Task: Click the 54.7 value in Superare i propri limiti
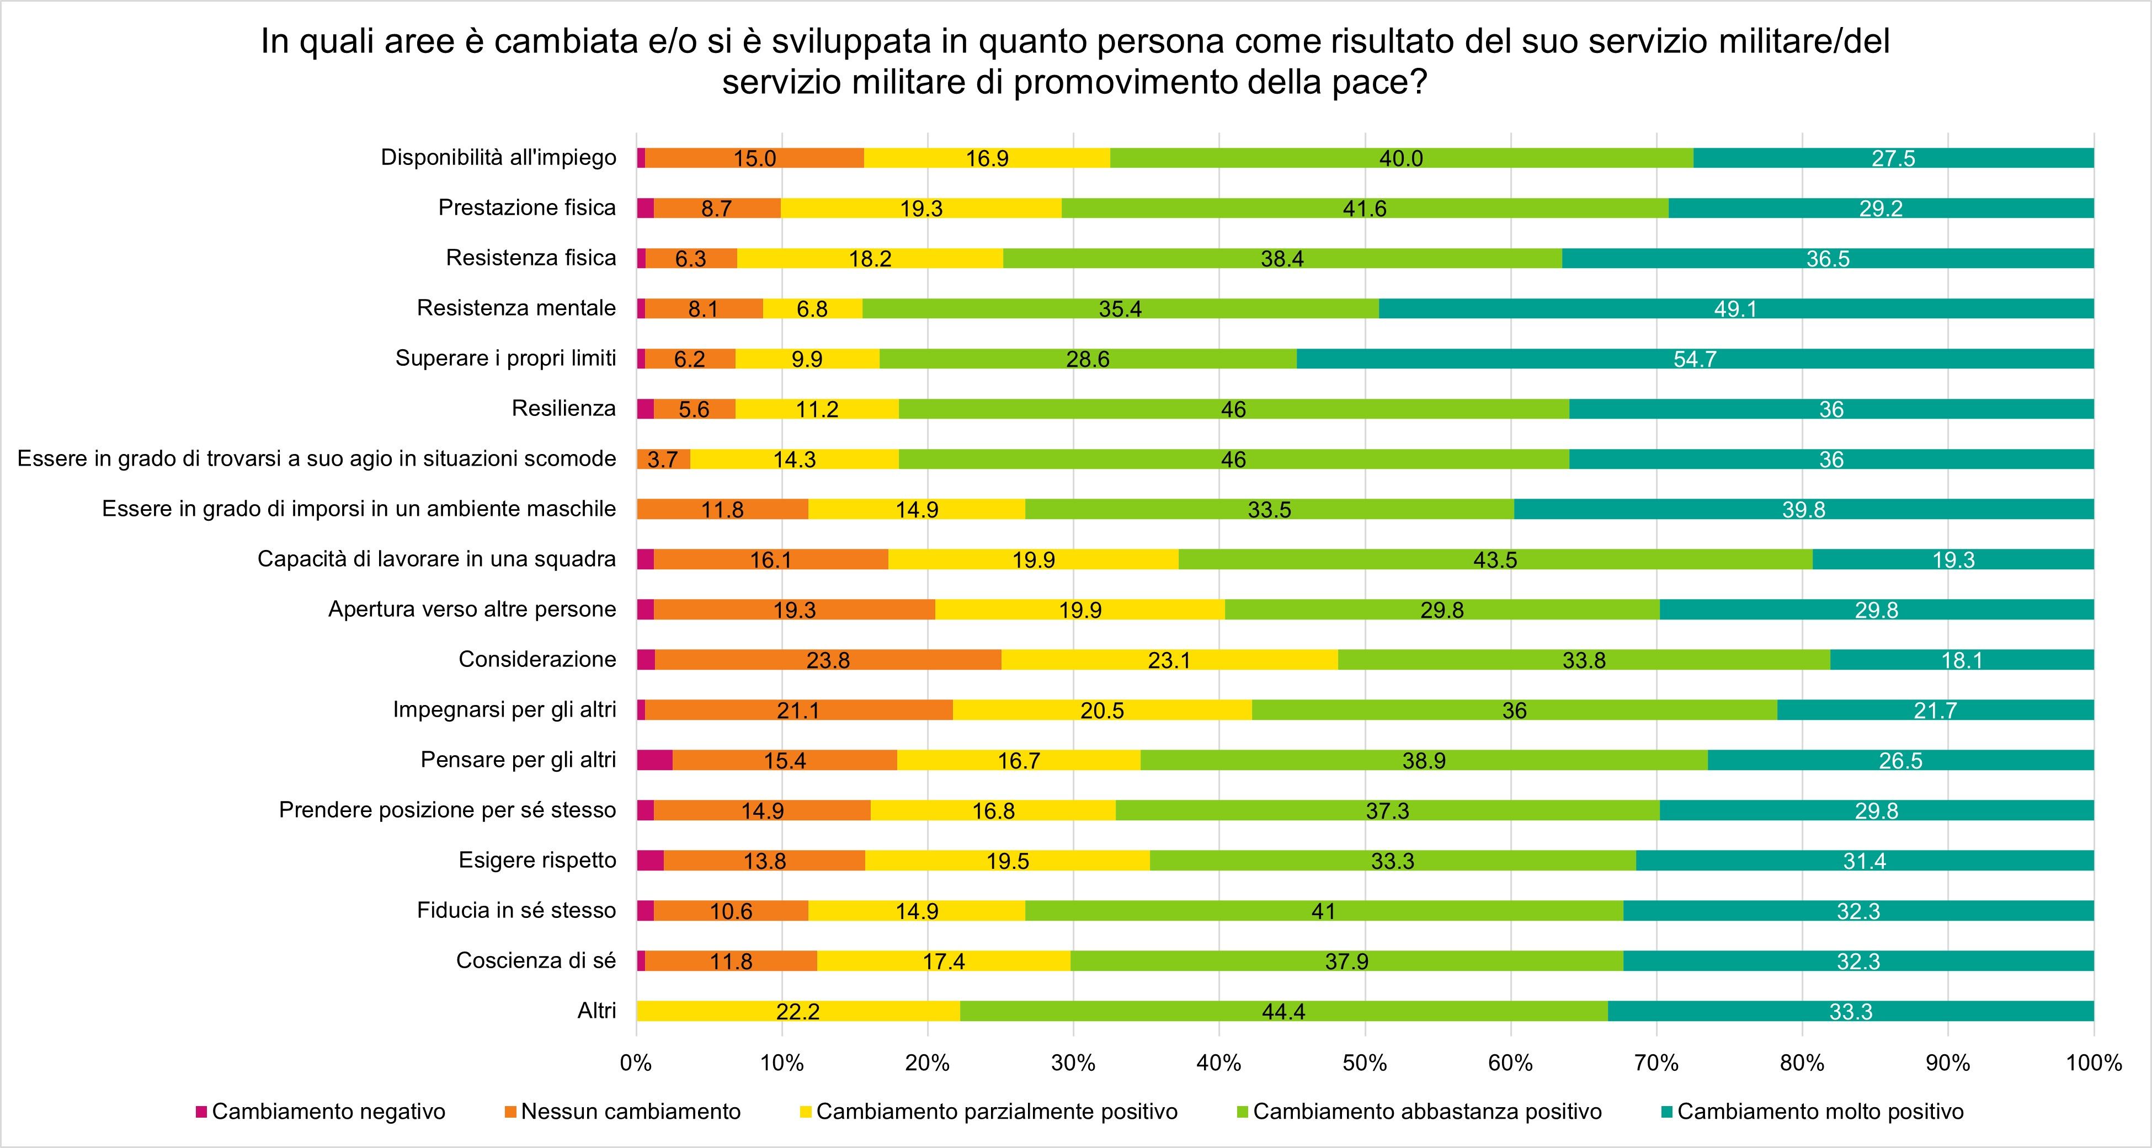[x=1694, y=359]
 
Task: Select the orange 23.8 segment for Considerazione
[x=828, y=660]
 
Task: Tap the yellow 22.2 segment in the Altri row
[x=798, y=1012]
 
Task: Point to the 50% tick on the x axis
[x=1365, y=1063]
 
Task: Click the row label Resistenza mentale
[x=516, y=308]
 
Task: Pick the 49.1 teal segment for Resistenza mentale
[x=1735, y=309]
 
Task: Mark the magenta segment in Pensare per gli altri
[x=654, y=760]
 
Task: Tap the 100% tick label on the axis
[x=2094, y=1063]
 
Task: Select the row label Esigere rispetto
[x=537, y=860]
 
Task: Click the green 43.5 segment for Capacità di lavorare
[x=1495, y=559]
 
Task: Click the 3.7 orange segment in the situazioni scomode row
[x=663, y=459]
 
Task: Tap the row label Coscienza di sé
[x=535, y=960]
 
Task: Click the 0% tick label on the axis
[x=636, y=1063]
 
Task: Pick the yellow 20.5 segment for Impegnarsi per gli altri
[x=1102, y=711]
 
